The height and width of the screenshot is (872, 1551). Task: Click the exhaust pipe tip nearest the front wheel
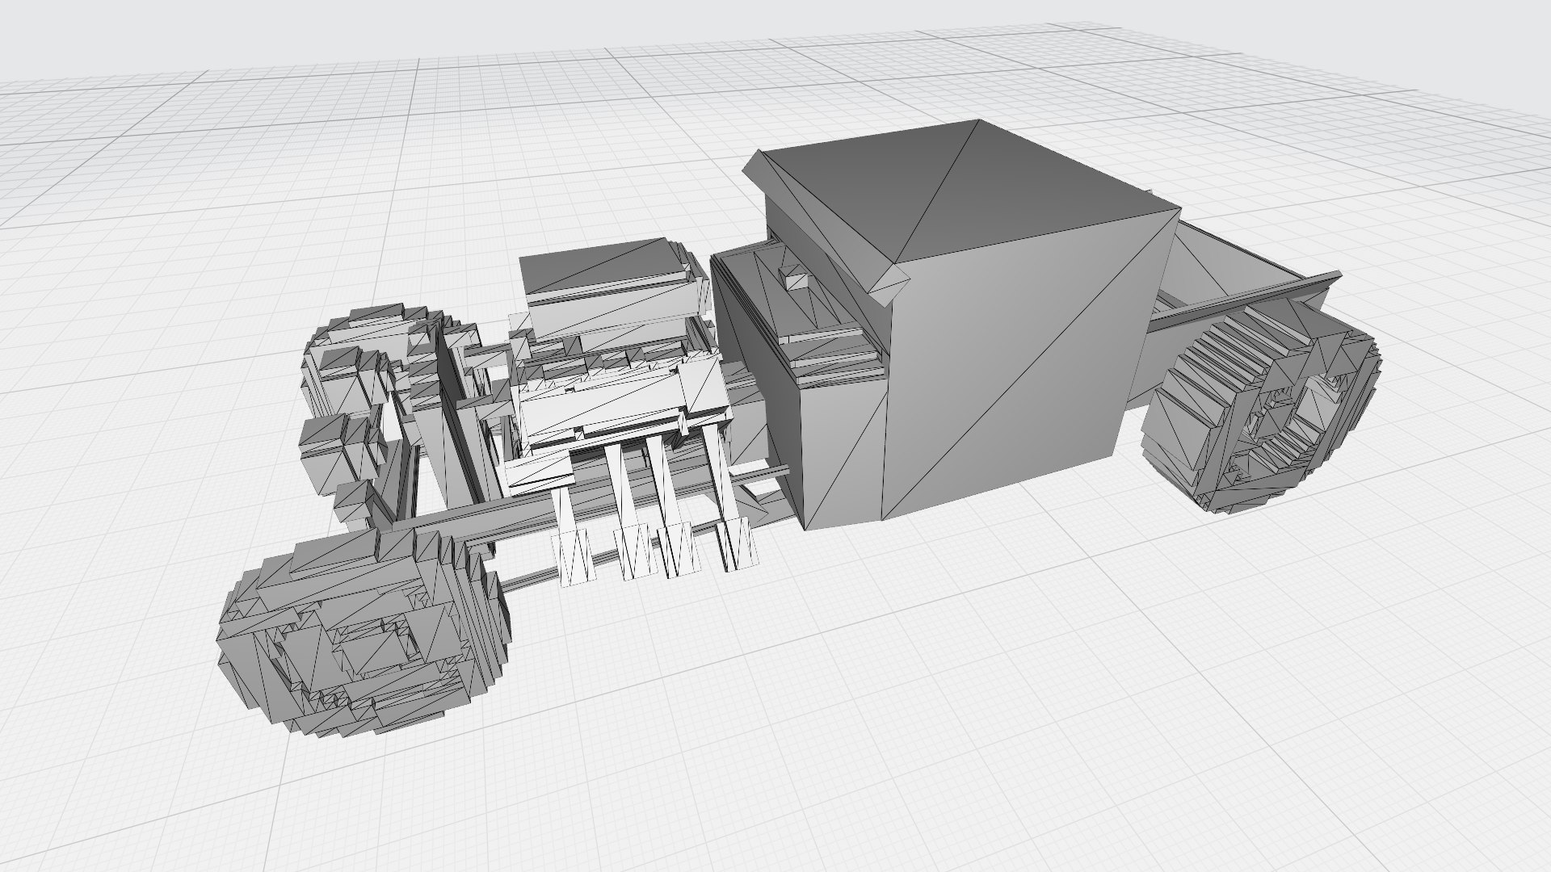576,565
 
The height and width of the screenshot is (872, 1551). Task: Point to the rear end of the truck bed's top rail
1325,283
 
